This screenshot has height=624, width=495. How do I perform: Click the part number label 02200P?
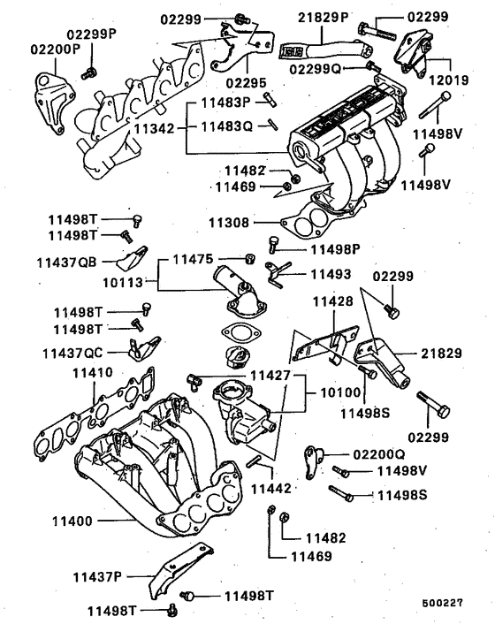pyautogui.click(x=57, y=50)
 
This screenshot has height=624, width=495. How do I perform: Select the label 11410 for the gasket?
pyautogui.click(x=92, y=373)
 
